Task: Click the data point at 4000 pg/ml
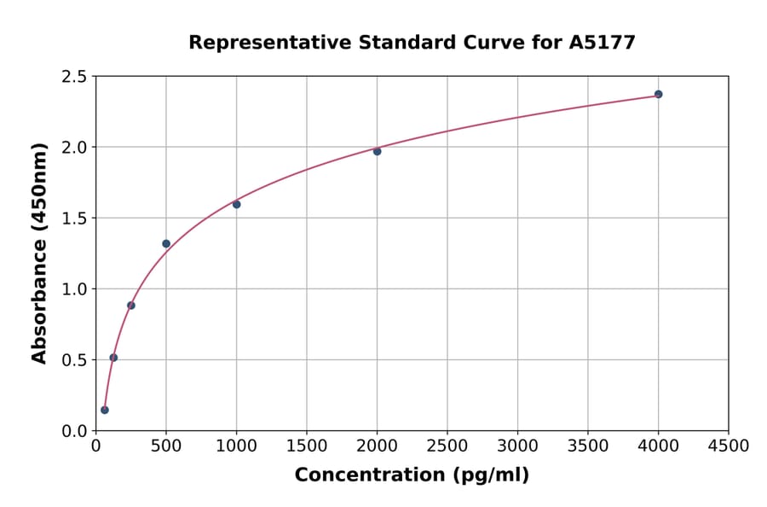[658, 94]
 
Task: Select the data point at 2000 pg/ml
[377, 151]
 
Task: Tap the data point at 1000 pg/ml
[236, 204]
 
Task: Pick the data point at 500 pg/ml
[166, 243]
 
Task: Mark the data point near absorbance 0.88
[131, 306]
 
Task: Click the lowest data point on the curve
[105, 410]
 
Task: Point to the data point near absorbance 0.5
[113, 358]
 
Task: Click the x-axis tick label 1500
[307, 446]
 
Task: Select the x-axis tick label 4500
[728, 446]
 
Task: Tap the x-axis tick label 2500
[447, 446]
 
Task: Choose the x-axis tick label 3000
[517, 446]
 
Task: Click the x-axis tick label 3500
[588, 446]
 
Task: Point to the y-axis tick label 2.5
[73, 77]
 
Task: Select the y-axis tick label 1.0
[73, 289]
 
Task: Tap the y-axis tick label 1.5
[73, 219]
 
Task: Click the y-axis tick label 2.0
[73, 148]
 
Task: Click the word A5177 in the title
[602, 42]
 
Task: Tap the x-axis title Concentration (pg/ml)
[412, 475]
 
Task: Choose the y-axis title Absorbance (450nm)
[39, 253]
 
